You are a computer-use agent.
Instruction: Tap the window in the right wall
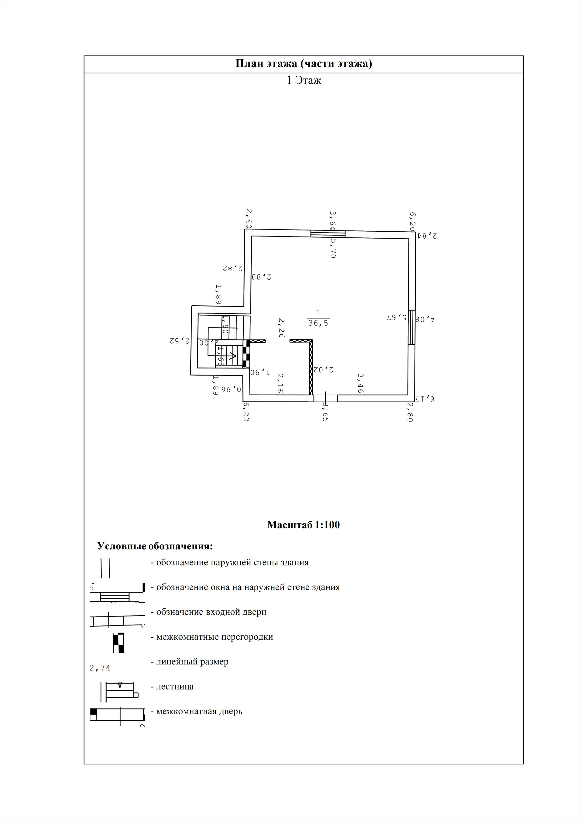pyautogui.click(x=411, y=327)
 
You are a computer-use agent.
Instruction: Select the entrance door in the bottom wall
pyautogui.click(x=325, y=398)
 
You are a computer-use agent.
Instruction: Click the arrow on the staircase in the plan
pyautogui.click(x=232, y=355)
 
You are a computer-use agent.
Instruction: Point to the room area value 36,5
pyautogui.click(x=318, y=323)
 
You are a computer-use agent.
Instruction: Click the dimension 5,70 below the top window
pyautogui.click(x=333, y=249)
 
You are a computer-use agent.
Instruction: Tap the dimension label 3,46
pyautogui.click(x=361, y=384)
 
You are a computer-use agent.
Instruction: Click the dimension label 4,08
pyautogui.click(x=425, y=319)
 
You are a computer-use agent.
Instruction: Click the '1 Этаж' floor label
pyautogui.click(x=304, y=80)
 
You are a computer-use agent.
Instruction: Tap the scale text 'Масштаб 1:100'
pyautogui.click(x=303, y=525)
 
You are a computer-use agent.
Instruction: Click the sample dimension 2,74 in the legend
pyautogui.click(x=100, y=667)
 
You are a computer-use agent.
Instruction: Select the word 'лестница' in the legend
pyautogui.click(x=175, y=687)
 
